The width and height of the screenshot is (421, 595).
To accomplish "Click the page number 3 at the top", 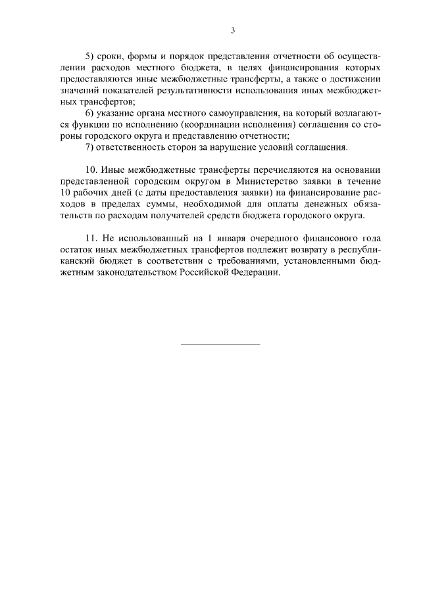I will tap(233, 30).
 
